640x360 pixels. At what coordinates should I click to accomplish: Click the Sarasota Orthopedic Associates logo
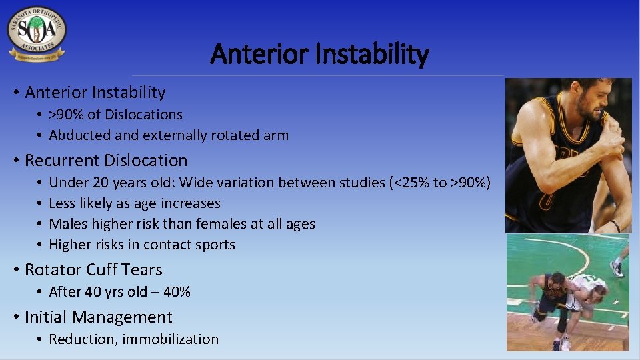37,35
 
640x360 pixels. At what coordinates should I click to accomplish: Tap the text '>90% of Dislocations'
115,115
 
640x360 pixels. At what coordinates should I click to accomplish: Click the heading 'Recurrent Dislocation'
106,161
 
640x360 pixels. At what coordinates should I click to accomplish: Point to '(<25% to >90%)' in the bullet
440,183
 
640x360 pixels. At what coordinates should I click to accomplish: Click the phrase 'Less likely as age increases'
135,203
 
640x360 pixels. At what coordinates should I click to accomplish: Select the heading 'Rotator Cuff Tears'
93,270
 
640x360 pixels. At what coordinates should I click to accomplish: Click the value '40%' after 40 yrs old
177,292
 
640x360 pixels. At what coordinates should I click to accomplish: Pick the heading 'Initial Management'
98,317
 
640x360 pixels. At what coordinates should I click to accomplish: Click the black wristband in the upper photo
613,226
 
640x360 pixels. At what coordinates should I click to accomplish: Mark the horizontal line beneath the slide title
318,75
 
